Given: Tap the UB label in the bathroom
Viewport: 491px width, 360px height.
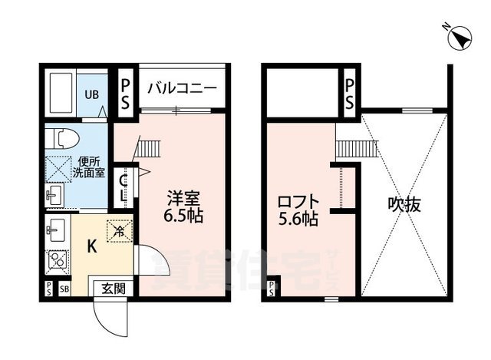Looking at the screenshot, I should click(x=91, y=94).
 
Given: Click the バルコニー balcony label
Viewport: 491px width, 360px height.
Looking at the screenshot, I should click(x=183, y=88).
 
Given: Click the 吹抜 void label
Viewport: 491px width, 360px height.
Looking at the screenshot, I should click(x=404, y=205).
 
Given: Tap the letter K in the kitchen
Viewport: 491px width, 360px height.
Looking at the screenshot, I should click(x=90, y=246).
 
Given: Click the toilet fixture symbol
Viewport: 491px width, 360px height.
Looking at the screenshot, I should click(x=60, y=139).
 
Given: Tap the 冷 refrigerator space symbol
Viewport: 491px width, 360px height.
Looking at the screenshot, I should click(x=120, y=229).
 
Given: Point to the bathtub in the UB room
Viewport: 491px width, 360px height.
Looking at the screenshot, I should click(x=60, y=94).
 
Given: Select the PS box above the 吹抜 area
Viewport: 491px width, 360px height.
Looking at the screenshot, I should click(x=349, y=91).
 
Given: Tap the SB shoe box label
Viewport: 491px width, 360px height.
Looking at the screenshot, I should click(x=64, y=289).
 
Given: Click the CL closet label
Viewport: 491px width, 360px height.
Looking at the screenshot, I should click(x=124, y=187).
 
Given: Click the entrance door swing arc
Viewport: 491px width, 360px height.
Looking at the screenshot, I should click(x=108, y=313).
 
